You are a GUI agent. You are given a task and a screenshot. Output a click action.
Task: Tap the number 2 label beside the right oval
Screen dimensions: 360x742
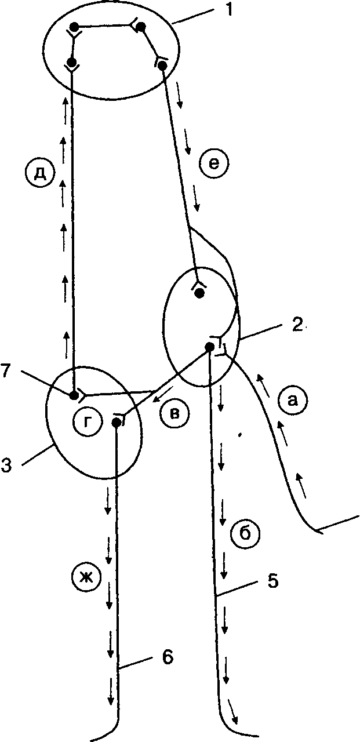pos(297,326)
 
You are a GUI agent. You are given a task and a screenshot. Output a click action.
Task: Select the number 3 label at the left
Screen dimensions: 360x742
pos(6,465)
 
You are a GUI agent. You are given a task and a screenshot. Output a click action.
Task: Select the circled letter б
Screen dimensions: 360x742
pos(245,533)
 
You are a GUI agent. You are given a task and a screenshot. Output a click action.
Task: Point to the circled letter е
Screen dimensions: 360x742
pos(214,164)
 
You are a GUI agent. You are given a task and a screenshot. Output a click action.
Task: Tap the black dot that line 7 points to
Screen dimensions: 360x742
pos(74,395)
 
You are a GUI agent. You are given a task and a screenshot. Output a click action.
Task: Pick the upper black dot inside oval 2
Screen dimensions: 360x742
pos(199,293)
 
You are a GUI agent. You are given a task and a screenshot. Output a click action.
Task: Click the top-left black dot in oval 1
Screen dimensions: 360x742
pos(75,27)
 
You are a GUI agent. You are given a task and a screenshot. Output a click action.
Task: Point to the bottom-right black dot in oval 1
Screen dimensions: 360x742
pos(162,66)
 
